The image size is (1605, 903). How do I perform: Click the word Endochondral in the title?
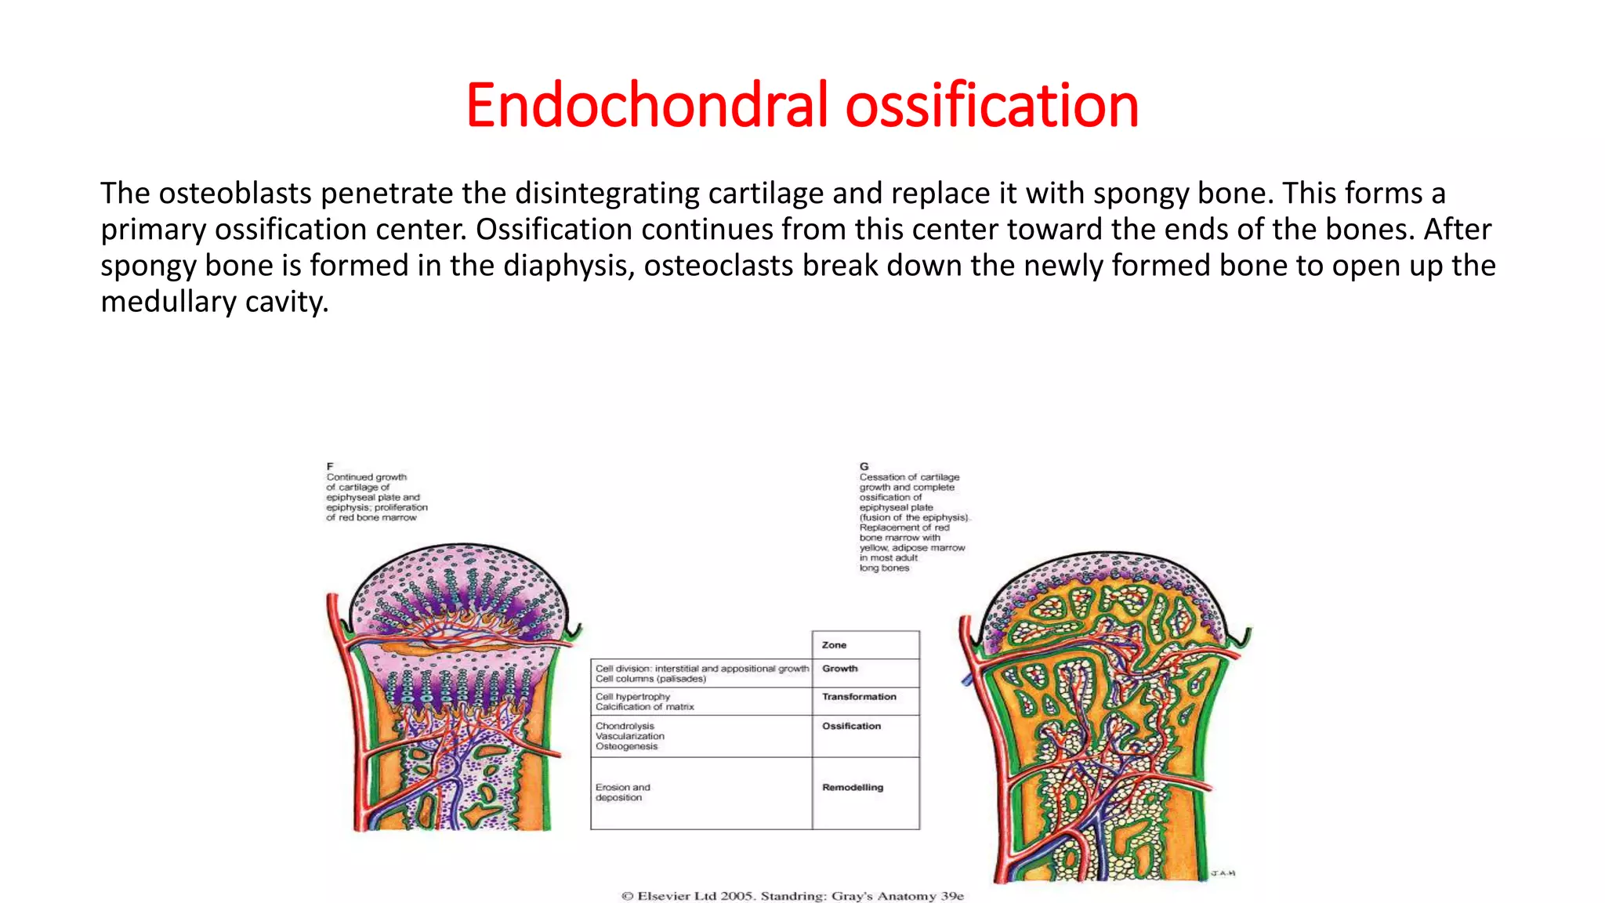coord(647,106)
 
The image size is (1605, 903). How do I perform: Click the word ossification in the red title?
coord(991,106)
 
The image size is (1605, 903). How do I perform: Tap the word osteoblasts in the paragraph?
coord(235,194)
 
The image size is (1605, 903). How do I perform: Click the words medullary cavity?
coord(214,302)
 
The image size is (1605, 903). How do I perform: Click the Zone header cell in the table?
coord(834,645)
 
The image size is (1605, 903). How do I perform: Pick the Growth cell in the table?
coord(839,669)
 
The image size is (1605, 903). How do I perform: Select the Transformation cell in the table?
coord(859,697)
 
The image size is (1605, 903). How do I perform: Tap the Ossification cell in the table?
coord(851,727)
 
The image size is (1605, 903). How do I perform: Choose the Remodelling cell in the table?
coord(852,788)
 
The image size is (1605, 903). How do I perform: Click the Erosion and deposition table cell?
coord(622,792)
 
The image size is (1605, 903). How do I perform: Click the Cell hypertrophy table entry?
coord(633,697)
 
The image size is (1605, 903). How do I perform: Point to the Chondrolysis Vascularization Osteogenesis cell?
coord(629,737)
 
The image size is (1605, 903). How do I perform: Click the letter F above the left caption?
coord(330,466)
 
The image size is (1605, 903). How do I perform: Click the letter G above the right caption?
coord(864,466)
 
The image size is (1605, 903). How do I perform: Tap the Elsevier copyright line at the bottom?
coord(792,896)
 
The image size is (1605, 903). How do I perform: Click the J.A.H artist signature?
coord(1223,873)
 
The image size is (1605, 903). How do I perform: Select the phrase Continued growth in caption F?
coord(367,477)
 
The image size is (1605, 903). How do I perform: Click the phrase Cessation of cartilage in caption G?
coord(909,477)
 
